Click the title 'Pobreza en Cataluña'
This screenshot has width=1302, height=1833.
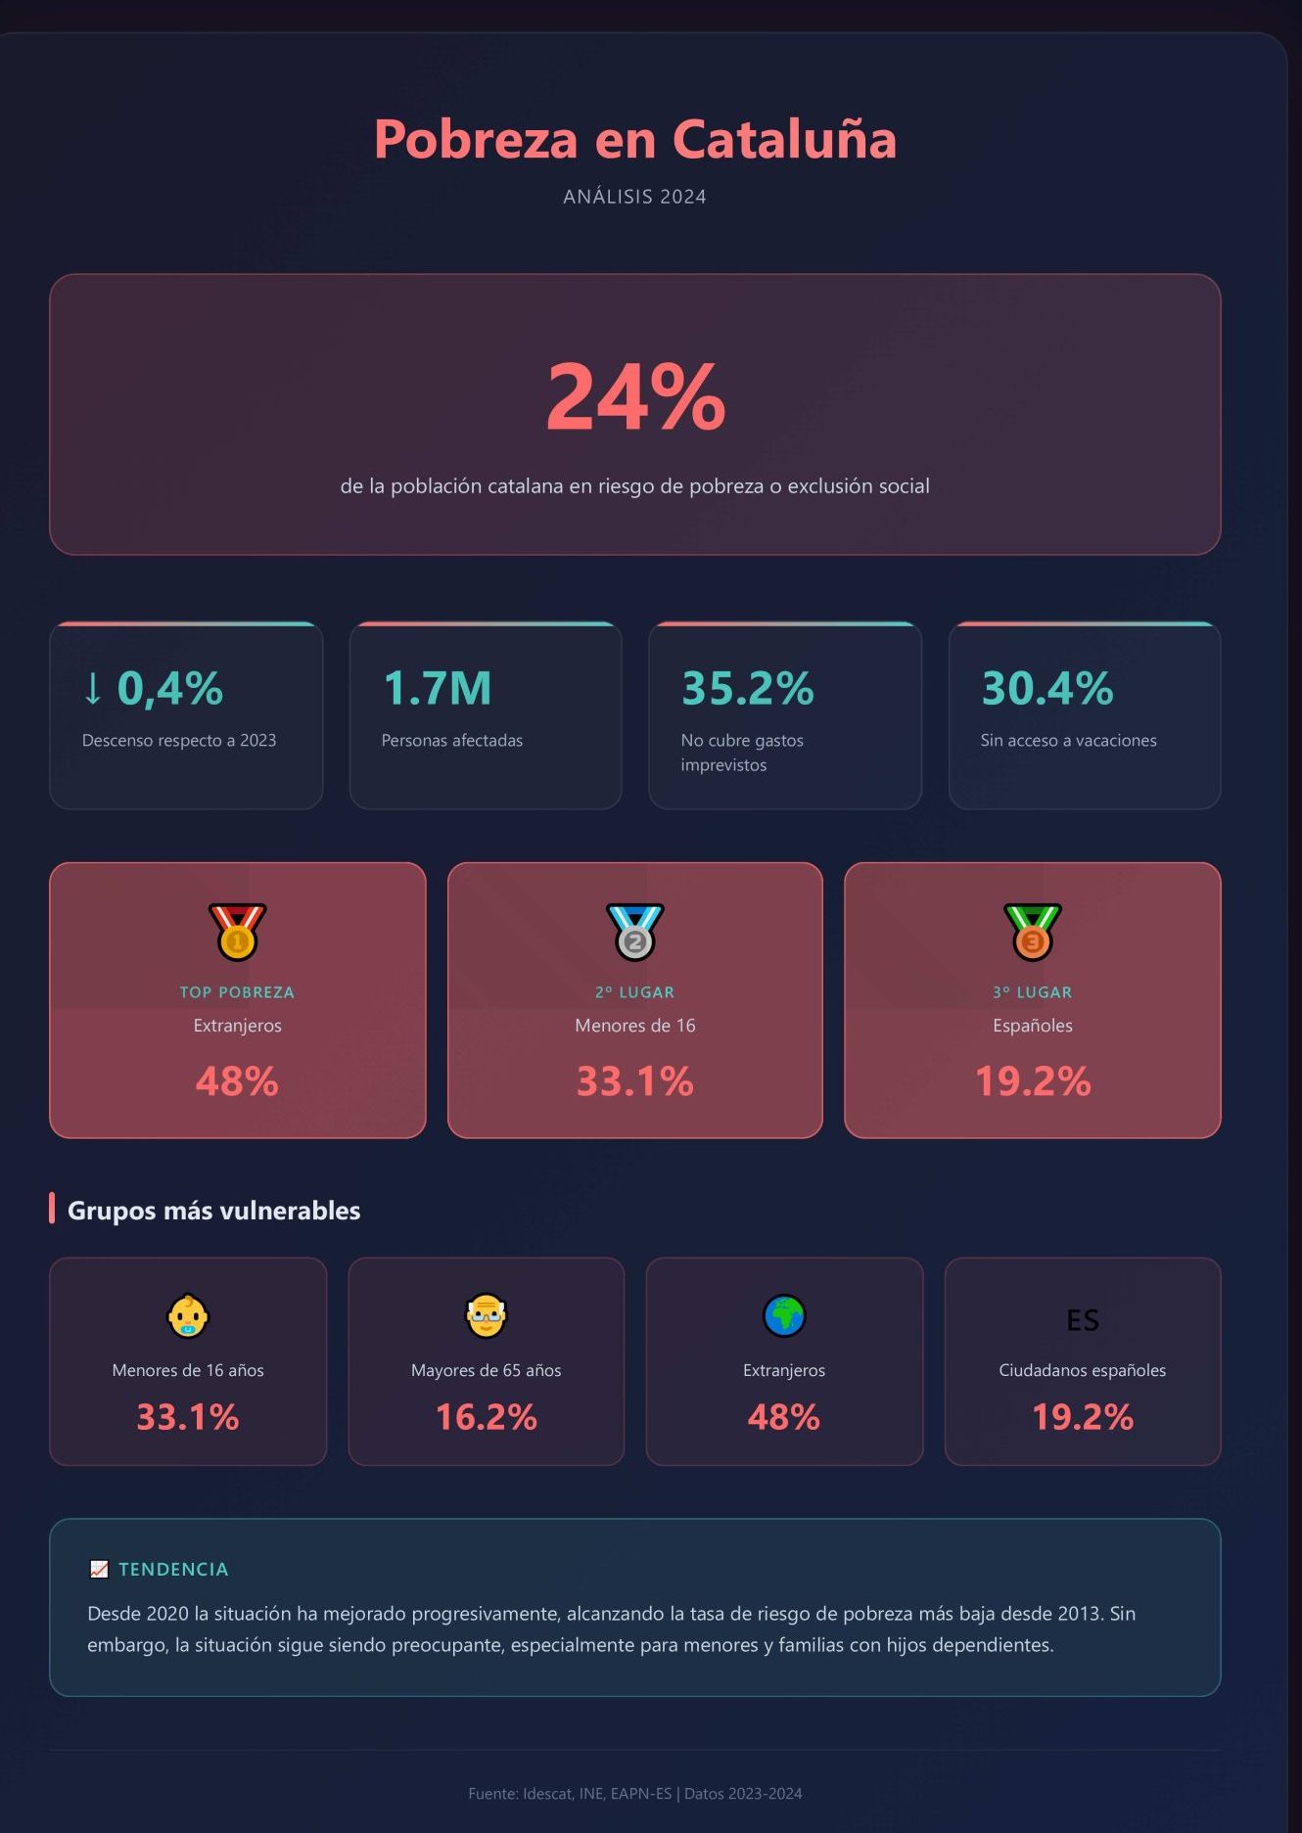pos(634,139)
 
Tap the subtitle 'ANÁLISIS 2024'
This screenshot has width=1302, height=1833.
pos(634,197)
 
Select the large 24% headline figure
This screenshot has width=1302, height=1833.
pos(635,396)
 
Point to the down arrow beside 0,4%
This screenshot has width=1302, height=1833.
pos(93,688)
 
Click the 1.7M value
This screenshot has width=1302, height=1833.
pos(437,688)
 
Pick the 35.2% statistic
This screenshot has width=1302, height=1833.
pos(747,688)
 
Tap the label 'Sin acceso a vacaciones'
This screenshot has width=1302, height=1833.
pos(1068,741)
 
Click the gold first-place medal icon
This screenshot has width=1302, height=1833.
pos(237,932)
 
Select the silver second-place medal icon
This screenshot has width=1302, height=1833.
pos(634,932)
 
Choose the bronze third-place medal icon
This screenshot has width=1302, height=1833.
pos(1032,932)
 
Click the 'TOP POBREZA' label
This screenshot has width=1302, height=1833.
pos(237,992)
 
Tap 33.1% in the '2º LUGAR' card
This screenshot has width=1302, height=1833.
pos(634,1081)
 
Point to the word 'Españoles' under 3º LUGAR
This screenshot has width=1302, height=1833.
pos(1032,1026)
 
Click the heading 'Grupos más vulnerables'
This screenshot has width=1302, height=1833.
pos(213,1211)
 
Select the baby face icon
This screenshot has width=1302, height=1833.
pos(187,1316)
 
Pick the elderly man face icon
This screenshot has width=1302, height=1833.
pos(486,1316)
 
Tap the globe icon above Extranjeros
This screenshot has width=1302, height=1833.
pos(784,1316)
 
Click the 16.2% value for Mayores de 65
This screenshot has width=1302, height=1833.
pos(486,1417)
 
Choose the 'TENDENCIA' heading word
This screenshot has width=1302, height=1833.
pos(173,1570)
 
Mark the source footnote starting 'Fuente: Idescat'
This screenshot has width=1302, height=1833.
pos(634,1794)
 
